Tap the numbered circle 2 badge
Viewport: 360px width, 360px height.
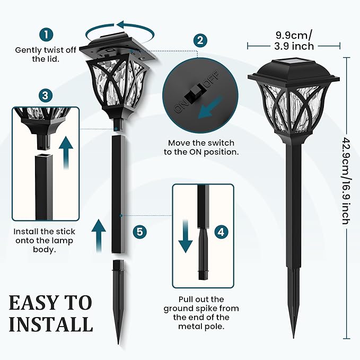click(x=200, y=40)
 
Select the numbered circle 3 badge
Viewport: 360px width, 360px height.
click(x=46, y=95)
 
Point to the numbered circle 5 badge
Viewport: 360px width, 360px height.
click(x=139, y=232)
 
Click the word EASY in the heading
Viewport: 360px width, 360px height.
click(x=35, y=303)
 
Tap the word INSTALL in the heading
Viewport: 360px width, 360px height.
click(x=50, y=324)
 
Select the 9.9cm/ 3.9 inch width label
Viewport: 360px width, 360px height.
click(x=293, y=41)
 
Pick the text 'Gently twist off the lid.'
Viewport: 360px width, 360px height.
click(x=46, y=54)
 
